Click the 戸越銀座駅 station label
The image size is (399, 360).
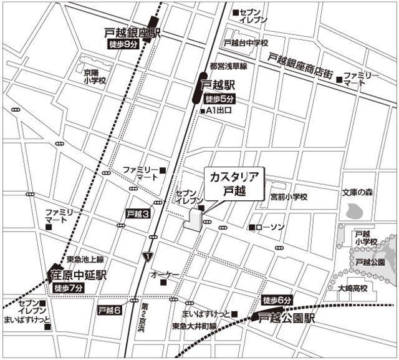click(132, 32)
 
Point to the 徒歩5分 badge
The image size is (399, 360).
click(220, 99)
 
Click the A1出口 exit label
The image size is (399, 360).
click(219, 111)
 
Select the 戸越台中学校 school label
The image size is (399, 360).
click(248, 43)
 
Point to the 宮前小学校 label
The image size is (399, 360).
click(289, 197)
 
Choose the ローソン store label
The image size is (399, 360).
click(270, 227)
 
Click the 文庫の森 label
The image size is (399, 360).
click(356, 193)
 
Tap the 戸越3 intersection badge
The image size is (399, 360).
click(138, 213)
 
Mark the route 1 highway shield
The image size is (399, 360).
click(147, 256)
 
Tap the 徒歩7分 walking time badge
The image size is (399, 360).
click(69, 288)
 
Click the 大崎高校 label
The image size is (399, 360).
click(353, 289)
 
